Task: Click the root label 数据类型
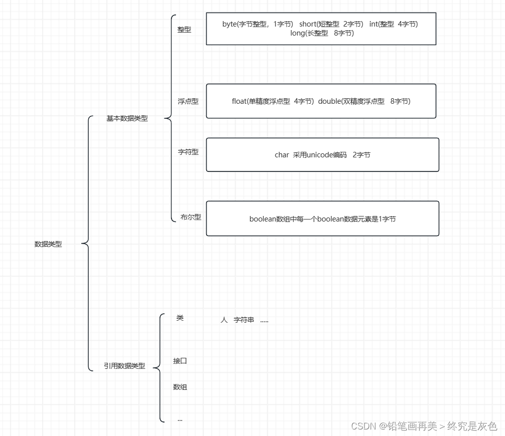click(x=48, y=244)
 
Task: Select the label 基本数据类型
click(x=127, y=118)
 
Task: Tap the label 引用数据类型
click(x=124, y=366)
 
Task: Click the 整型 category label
click(x=184, y=30)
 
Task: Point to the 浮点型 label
click(x=188, y=101)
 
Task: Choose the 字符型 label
click(x=188, y=152)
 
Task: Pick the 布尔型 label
click(x=191, y=217)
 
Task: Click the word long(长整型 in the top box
click(x=309, y=33)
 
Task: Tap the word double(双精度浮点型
click(x=351, y=101)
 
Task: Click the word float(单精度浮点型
click(x=261, y=101)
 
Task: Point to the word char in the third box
click(x=282, y=155)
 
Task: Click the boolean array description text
click(x=322, y=219)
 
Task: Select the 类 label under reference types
click(x=180, y=318)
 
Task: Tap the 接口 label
click(x=180, y=361)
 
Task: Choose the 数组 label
click(x=180, y=387)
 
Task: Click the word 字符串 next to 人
click(x=244, y=320)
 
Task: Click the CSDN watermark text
click(x=424, y=426)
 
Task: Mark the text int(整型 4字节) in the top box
click(x=393, y=24)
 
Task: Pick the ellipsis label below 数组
click(x=180, y=419)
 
